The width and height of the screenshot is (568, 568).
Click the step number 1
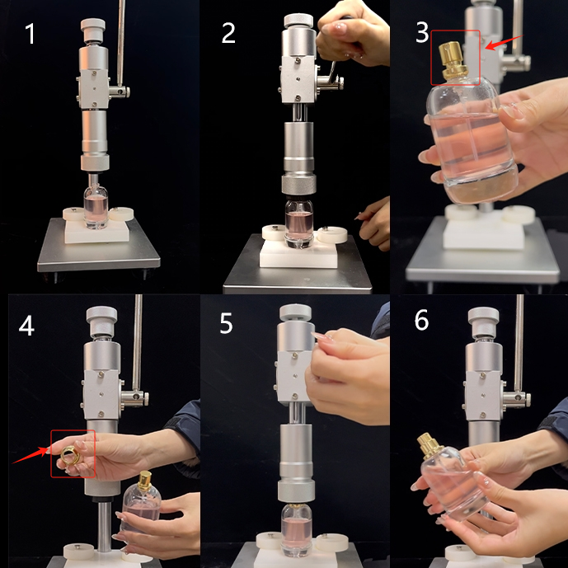tap(30, 34)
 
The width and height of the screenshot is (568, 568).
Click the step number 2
tap(228, 33)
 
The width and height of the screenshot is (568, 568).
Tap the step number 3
tap(422, 33)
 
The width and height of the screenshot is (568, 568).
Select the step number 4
tap(26, 326)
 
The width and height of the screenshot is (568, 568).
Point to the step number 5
tap(227, 323)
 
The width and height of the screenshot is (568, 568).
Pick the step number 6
tap(421, 320)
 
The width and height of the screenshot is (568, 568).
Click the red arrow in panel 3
tap(504, 43)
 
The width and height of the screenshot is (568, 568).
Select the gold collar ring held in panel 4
tap(68, 455)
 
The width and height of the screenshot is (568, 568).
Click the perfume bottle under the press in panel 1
tap(96, 206)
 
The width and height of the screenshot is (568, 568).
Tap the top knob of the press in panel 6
tap(484, 322)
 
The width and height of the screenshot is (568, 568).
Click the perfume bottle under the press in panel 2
tap(299, 223)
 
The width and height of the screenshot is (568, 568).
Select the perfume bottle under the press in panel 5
tap(296, 529)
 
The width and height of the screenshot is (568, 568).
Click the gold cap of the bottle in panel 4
tap(145, 480)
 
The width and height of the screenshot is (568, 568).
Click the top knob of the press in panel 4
tap(101, 322)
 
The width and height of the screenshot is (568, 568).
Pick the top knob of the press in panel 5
tap(296, 313)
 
